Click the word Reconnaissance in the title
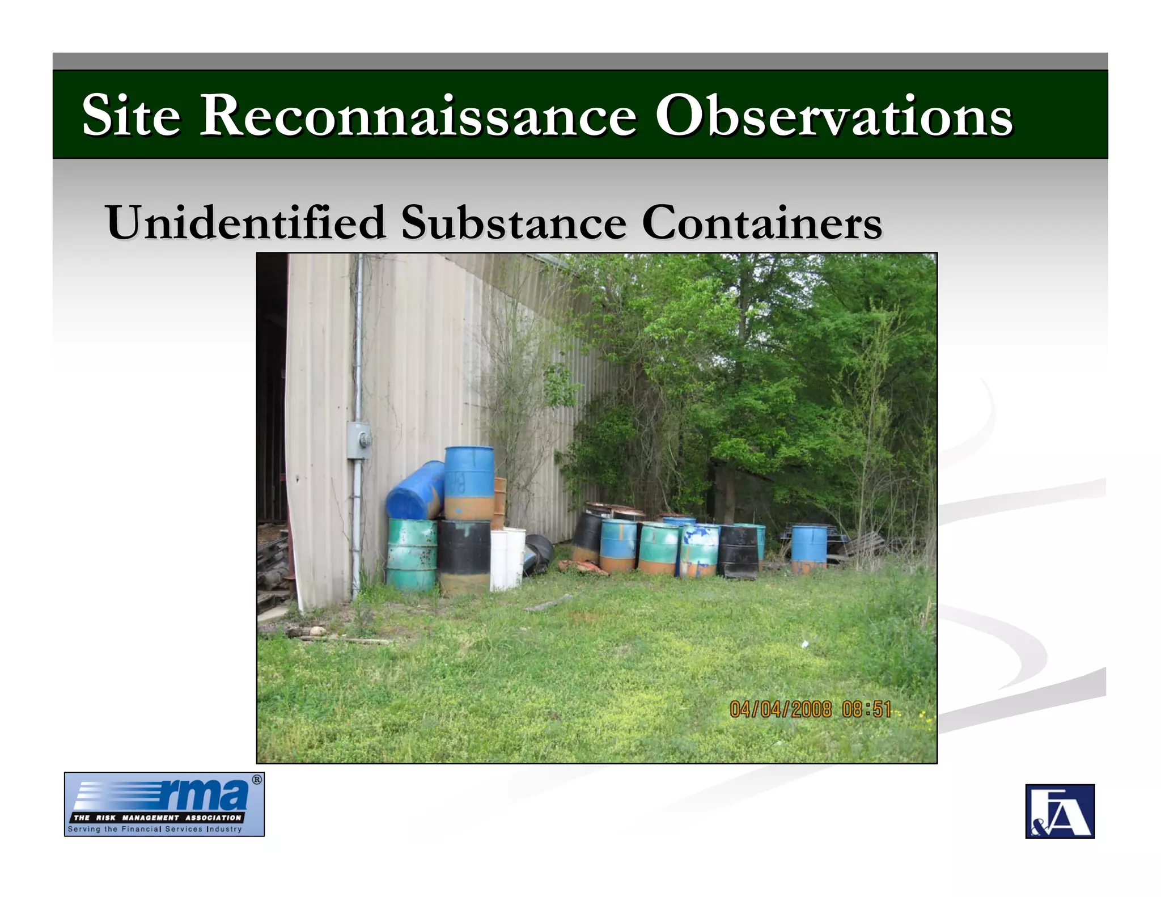click(418, 116)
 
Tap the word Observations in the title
click(833, 116)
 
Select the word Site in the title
click(131, 116)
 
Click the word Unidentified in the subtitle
click(246, 222)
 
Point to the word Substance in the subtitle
click(514, 222)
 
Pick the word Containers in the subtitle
click(762, 222)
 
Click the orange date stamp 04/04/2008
click(780, 709)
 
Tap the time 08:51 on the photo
click(867, 709)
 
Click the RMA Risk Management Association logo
click(164, 804)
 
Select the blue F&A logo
click(1060, 811)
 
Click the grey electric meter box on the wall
click(359, 440)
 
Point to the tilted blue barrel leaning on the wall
click(415, 492)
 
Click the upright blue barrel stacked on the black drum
click(469, 483)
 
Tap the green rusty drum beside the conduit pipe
click(412, 555)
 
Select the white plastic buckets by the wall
click(507, 558)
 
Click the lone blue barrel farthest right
click(808, 549)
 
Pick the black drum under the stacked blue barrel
click(465, 556)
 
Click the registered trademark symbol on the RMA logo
click(257, 780)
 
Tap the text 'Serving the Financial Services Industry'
click(155, 829)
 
